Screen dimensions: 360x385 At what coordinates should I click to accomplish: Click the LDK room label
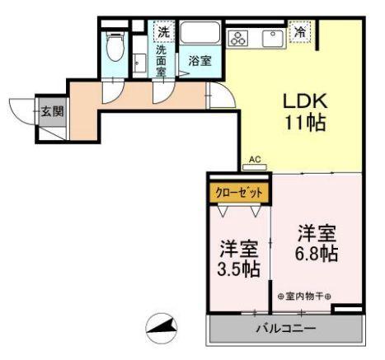(x=306, y=102)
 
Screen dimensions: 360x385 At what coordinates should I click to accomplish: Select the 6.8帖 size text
(x=317, y=253)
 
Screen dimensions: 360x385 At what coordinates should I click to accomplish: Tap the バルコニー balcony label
(x=284, y=329)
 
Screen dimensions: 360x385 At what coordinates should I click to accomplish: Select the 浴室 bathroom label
(x=199, y=60)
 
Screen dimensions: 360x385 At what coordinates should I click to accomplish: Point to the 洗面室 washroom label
(x=162, y=61)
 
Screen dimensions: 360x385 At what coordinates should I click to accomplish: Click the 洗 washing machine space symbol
(x=163, y=32)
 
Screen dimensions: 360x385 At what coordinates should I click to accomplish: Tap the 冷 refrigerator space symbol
(x=301, y=33)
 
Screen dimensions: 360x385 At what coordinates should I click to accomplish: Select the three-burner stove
(x=241, y=38)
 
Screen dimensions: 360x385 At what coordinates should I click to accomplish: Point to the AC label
(x=254, y=159)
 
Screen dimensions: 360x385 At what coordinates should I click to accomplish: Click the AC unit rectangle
(x=255, y=168)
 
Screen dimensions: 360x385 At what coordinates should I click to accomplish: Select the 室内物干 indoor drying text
(x=304, y=297)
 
